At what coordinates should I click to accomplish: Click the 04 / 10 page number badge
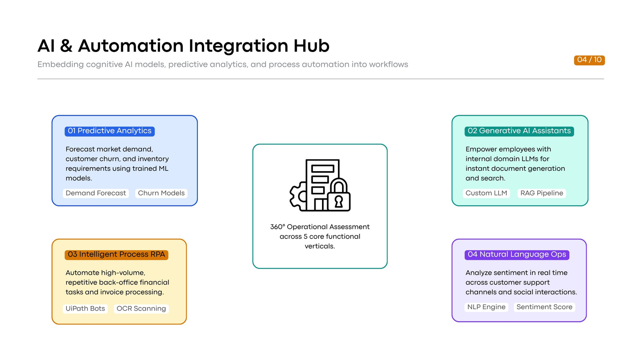coord(589,60)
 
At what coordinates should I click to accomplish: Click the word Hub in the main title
coord(312,46)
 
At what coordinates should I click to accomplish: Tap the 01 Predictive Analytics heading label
coord(110,131)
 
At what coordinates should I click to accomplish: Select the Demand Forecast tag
coord(96,193)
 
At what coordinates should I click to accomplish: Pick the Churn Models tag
coord(161,193)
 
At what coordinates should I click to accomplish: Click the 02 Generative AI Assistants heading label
coord(519,131)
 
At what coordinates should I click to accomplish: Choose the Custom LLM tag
coord(486,193)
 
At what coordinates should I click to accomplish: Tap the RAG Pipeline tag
coord(542,193)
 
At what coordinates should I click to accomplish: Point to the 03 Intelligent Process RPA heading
coord(116,254)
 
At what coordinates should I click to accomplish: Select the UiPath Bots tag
coord(85,308)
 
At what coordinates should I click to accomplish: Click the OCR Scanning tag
coord(141,308)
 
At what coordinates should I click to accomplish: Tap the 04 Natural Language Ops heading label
coord(517,254)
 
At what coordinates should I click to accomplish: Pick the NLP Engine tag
coord(486,307)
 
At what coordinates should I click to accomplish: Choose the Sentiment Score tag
coord(544,307)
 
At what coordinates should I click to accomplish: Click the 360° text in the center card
coord(278,227)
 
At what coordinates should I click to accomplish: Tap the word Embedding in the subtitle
coord(60,64)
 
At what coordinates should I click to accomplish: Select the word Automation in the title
coord(130,46)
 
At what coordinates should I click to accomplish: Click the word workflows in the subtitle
coord(388,64)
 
